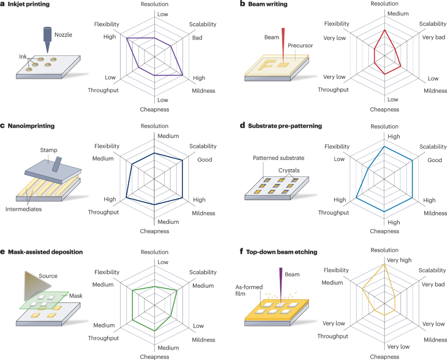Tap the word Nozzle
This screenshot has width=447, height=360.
pos(63,35)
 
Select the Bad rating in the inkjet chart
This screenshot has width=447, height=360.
pos(197,38)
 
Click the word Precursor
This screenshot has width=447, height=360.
pos(300,46)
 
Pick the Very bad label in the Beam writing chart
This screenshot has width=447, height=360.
pos(434,37)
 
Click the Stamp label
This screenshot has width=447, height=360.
pos(49,150)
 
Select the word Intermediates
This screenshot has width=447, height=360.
pos(23,209)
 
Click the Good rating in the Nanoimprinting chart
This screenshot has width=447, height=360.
pos(205,160)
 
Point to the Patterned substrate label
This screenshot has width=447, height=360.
pos(279,158)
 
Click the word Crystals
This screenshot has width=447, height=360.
pos(289,171)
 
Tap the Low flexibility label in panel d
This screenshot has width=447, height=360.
pos(339,159)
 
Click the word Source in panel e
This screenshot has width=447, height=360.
pos(48,276)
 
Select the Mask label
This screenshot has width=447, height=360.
pos(76,296)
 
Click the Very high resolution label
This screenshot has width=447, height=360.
pos(399,260)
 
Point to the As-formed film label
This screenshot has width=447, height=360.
pos(249,290)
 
